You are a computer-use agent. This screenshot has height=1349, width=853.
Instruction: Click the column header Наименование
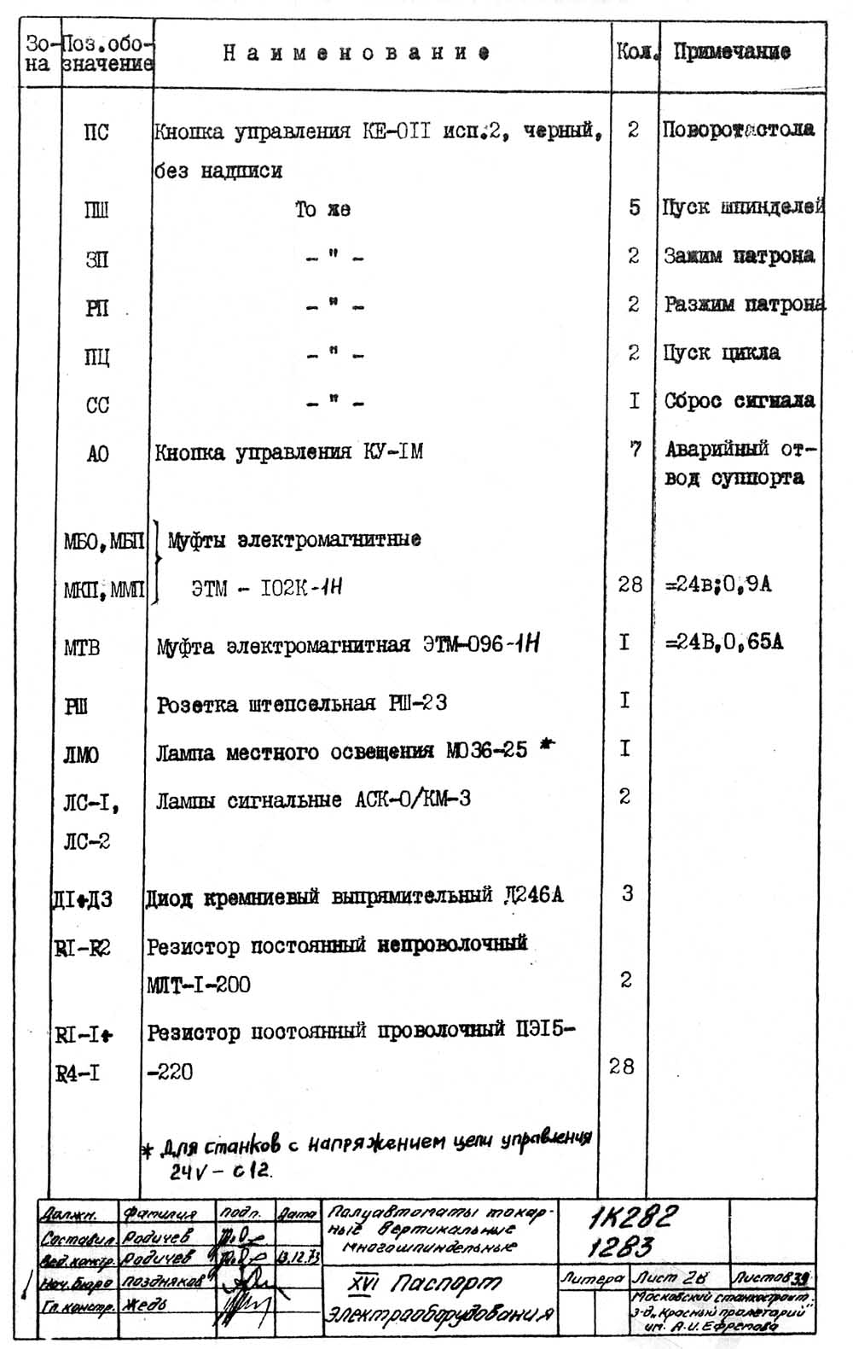(357, 53)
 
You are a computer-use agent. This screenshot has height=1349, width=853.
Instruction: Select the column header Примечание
(732, 52)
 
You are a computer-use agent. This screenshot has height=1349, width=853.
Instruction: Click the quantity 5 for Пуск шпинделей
(634, 207)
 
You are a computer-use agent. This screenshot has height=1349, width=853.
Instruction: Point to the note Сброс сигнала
(739, 401)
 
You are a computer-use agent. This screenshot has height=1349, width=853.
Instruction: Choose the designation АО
(98, 454)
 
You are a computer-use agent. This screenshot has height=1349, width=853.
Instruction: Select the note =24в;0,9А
(719, 585)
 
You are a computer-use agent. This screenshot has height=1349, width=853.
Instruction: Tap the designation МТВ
(82, 648)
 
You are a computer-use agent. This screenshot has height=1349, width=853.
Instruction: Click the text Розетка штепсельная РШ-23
(302, 704)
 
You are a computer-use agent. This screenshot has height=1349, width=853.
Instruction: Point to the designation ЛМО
(81, 755)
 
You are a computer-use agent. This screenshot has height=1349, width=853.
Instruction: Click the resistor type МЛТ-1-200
(199, 986)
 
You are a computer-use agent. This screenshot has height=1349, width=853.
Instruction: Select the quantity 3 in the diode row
(627, 893)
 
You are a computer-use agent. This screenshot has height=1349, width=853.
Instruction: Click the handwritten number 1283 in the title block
(620, 1248)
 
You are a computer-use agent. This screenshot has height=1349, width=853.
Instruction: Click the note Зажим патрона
(739, 256)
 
